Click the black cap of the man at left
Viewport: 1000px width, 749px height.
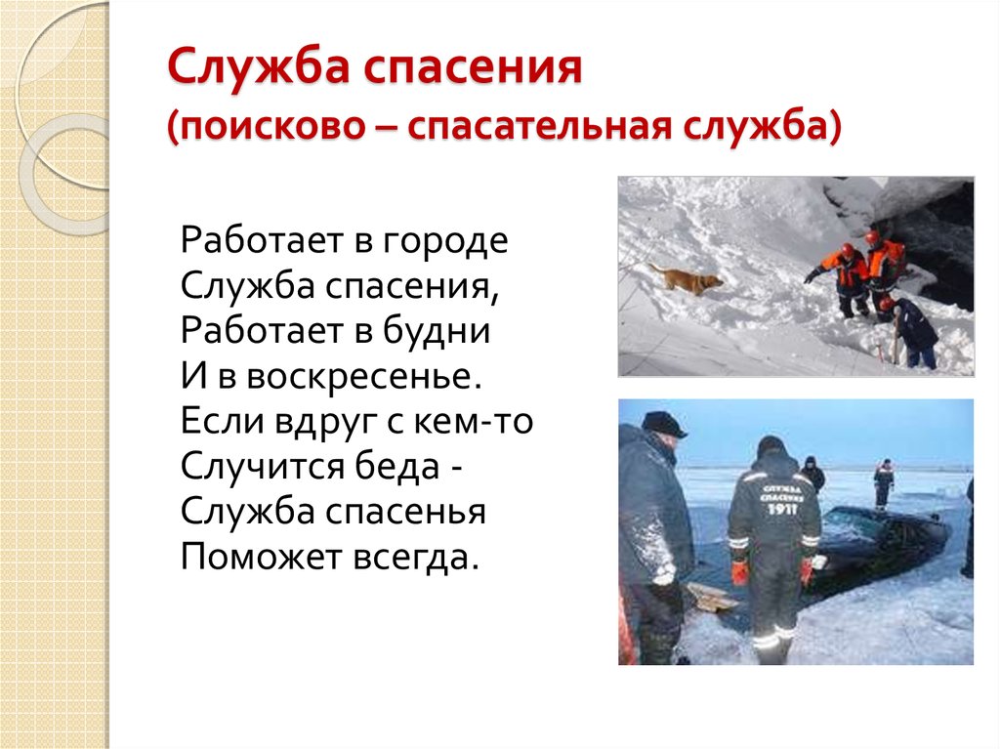(x=663, y=424)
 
